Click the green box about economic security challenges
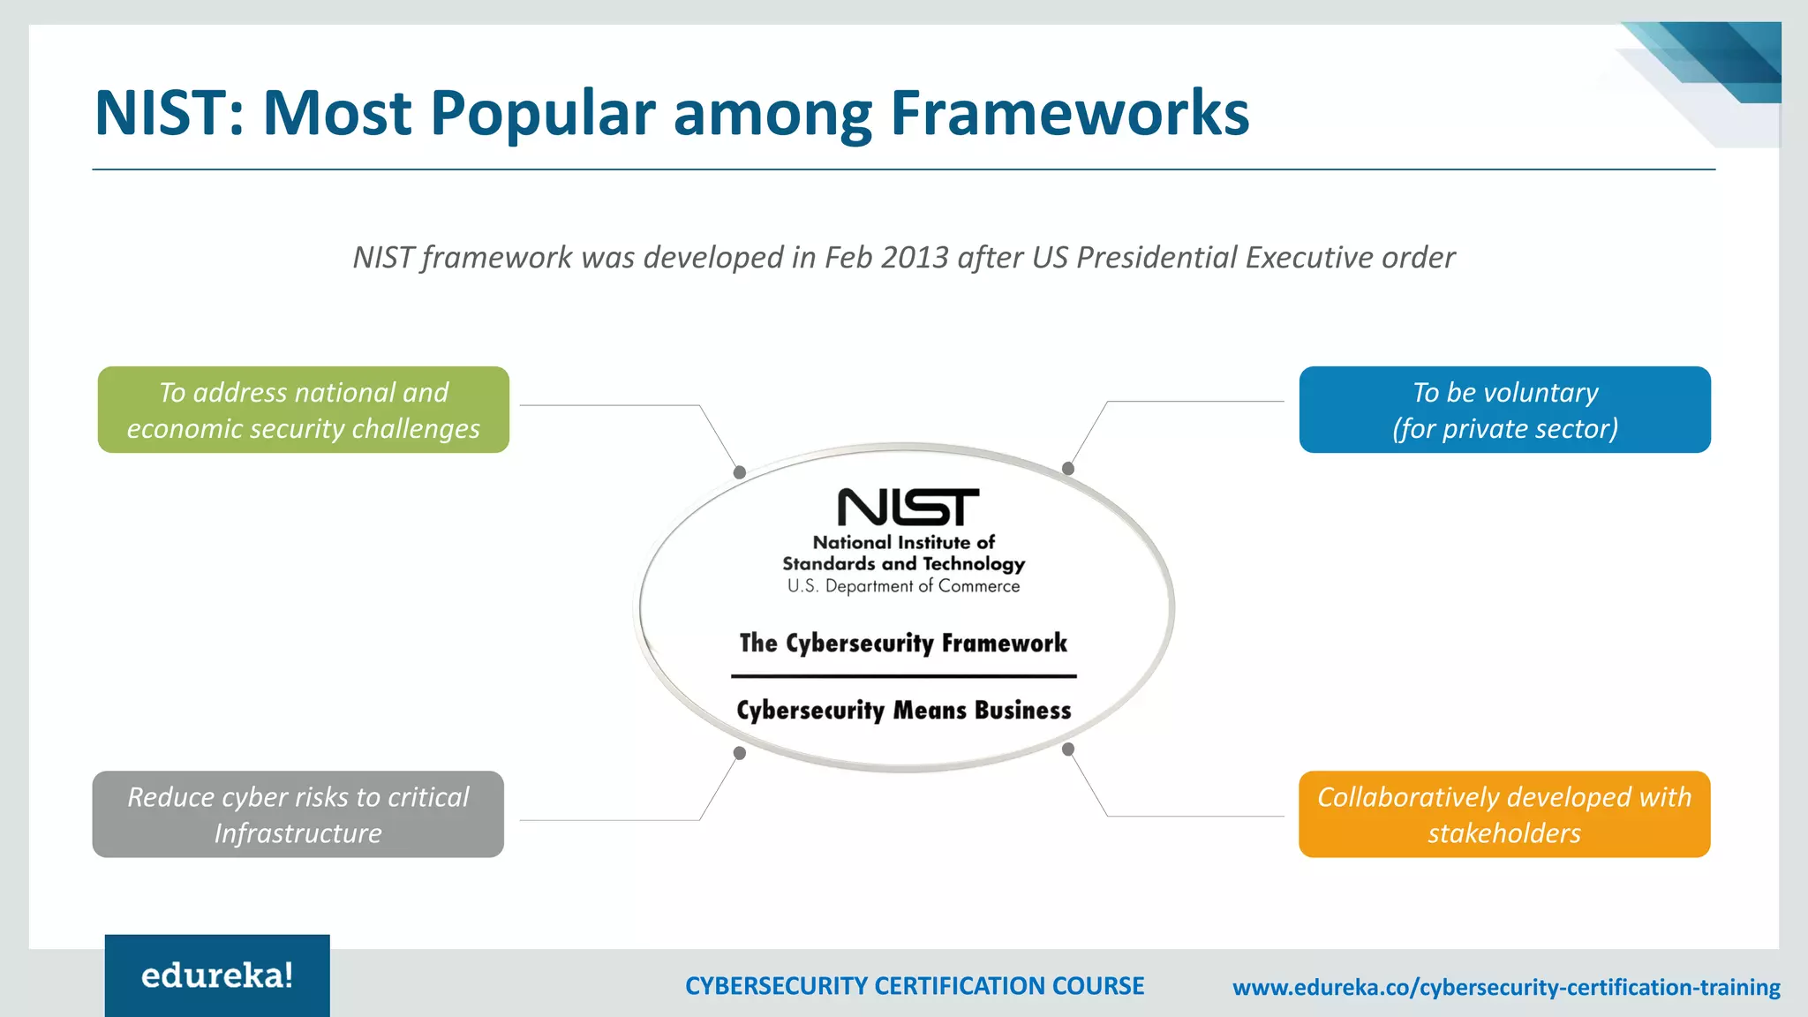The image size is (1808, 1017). [x=303, y=410]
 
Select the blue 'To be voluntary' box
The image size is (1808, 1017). [x=1504, y=410]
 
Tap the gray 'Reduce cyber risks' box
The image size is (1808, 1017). [x=298, y=814]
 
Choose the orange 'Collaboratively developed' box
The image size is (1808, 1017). [x=1504, y=814]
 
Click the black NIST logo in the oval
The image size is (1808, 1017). [x=908, y=507]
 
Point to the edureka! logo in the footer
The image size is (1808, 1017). [x=217, y=976]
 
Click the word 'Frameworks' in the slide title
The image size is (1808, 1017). [x=1069, y=113]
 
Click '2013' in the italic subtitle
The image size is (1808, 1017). [x=915, y=258]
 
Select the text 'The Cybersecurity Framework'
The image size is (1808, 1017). [x=903, y=644]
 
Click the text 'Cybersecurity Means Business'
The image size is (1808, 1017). [x=903, y=711]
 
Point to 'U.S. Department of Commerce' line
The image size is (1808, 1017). [x=903, y=586]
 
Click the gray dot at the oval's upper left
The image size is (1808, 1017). [x=740, y=472]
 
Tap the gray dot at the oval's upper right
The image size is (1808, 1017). [x=1068, y=468]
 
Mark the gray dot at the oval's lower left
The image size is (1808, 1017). [x=740, y=753]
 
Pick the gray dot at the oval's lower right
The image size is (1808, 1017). [x=1068, y=749]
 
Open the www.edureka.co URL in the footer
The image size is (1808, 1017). [x=1506, y=987]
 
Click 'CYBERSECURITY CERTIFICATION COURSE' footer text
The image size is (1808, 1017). [x=915, y=986]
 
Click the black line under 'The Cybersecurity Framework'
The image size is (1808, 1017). [x=903, y=676]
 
